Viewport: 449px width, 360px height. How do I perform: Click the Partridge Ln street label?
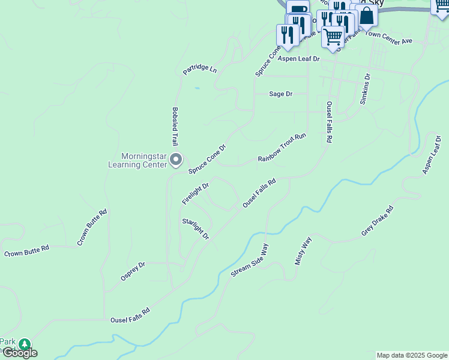point(200,69)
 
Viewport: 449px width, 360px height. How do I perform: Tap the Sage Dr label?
point(280,94)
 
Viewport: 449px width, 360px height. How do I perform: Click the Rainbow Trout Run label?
point(282,148)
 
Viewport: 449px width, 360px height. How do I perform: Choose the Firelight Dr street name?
point(195,194)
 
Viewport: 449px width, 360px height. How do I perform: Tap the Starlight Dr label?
point(195,229)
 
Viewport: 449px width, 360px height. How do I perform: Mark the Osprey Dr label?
point(133,271)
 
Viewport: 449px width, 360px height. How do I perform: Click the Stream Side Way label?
point(249,260)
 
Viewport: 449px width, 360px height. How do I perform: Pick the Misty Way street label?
point(304,251)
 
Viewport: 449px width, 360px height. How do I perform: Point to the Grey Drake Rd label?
point(377,221)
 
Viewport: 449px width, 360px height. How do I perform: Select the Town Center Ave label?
point(389,38)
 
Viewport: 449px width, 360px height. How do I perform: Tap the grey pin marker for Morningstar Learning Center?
point(176,160)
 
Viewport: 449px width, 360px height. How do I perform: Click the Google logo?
point(19,353)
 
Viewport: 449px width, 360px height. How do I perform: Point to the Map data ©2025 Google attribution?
point(412,355)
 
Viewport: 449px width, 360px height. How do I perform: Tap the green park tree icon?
point(24,345)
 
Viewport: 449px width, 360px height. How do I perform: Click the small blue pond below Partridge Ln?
point(197,88)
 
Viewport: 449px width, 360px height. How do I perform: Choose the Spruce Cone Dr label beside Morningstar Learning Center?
point(207,159)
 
